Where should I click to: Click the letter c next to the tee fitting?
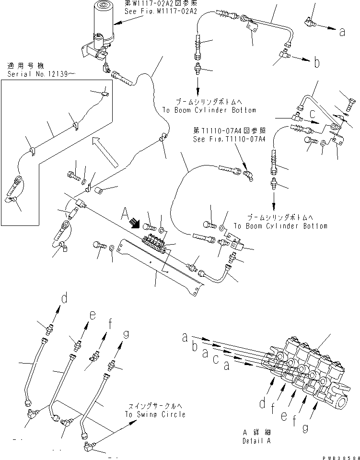[312, 115]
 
